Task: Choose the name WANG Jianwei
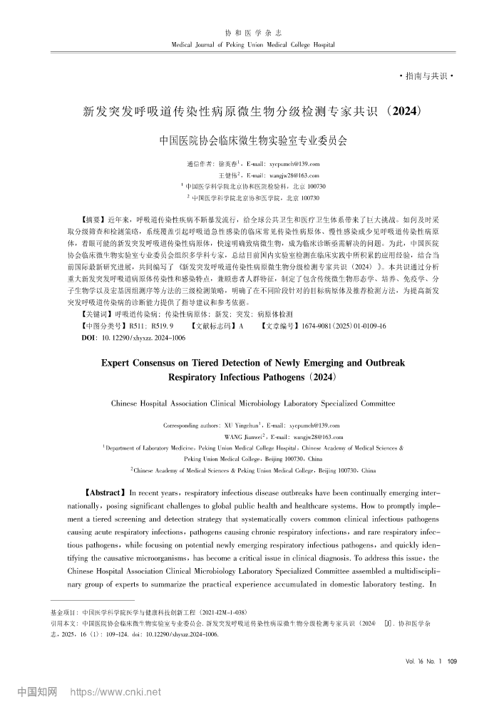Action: point(244,437)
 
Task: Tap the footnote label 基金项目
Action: point(63,612)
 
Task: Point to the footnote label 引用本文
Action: point(63,622)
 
